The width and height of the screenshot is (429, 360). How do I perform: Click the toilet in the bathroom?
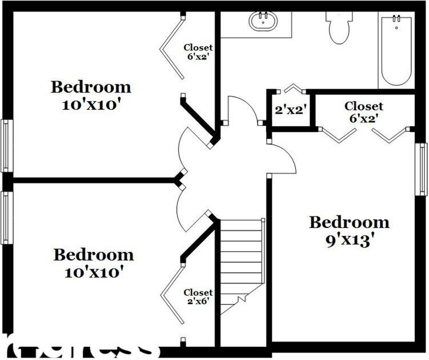[x=339, y=29]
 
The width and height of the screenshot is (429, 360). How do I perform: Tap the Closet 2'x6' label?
[x=198, y=297]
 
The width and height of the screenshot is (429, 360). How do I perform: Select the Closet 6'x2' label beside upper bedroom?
[x=198, y=52]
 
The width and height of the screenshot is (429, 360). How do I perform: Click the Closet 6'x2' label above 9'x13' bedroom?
[x=364, y=112]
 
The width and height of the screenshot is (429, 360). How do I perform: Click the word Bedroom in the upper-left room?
[x=91, y=87]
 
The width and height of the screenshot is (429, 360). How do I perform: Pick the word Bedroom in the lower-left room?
[x=94, y=255]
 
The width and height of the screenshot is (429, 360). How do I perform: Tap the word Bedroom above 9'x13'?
[x=349, y=222]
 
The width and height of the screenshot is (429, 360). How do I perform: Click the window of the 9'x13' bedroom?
[x=421, y=169]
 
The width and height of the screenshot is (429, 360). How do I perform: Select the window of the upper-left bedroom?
[x=6, y=146]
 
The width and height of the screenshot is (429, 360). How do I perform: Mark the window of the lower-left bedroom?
[x=6, y=217]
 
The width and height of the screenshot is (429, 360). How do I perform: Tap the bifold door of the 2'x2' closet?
[x=294, y=88]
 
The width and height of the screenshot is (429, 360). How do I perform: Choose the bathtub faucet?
[x=396, y=22]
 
